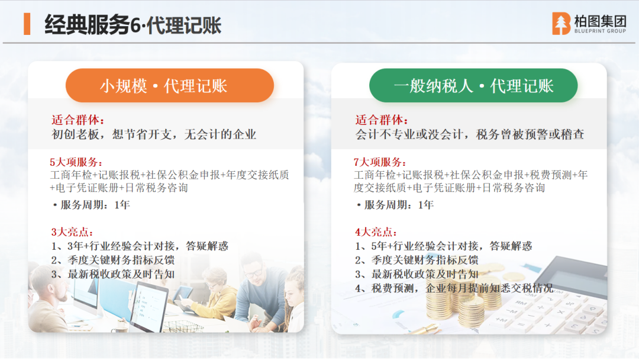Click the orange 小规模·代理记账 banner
click(170, 86)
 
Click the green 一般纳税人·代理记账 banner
click(473, 86)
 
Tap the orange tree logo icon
click(561, 23)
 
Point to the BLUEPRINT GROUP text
click(600, 31)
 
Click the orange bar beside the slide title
click(27, 24)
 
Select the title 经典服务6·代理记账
click(133, 25)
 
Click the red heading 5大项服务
click(76, 162)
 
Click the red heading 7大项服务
click(380, 162)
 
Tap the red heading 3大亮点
click(72, 232)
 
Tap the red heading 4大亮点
click(376, 232)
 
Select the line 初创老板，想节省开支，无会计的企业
click(154, 134)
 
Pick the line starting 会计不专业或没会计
click(469, 134)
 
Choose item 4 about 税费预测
click(454, 289)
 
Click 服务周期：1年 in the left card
click(92, 205)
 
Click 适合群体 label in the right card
click(382, 120)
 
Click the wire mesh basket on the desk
click(183, 326)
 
